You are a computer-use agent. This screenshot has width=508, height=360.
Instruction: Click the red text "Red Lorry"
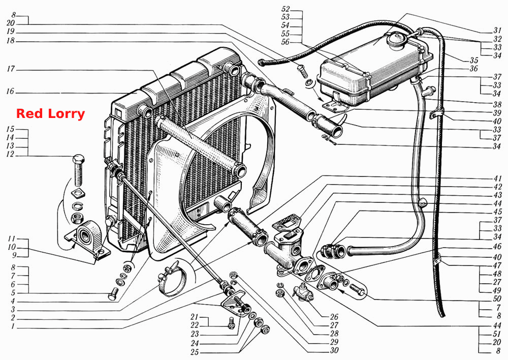click(x=50, y=113)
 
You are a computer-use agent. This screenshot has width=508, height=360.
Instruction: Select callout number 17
click(x=11, y=69)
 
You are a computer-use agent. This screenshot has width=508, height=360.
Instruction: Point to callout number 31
click(x=497, y=30)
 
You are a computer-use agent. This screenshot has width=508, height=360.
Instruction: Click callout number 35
click(x=474, y=60)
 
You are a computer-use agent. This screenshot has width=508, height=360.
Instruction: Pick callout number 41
click(x=497, y=178)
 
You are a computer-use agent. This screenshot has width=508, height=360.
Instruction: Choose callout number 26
click(x=334, y=317)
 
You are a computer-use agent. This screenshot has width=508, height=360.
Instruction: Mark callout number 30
click(x=334, y=350)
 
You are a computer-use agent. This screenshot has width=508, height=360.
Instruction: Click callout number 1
click(x=13, y=326)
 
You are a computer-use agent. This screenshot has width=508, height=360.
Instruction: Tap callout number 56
click(x=285, y=42)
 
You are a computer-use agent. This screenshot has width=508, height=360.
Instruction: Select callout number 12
click(x=10, y=155)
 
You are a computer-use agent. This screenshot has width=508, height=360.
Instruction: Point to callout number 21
click(x=194, y=317)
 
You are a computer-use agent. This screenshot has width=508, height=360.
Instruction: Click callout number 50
click(x=497, y=298)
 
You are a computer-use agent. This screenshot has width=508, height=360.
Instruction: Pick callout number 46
click(x=497, y=247)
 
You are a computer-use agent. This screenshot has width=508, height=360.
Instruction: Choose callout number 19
click(x=11, y=32)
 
